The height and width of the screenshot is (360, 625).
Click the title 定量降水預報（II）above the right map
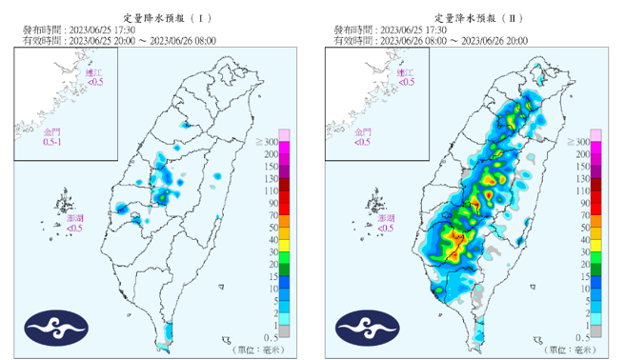pos(472,16)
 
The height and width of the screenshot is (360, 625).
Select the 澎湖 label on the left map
pos(76,224)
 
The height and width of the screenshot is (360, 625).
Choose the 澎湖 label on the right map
pos(385,224)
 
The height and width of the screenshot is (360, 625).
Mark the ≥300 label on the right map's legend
pos(580,141)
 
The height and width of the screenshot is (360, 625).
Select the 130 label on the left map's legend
pos(271,178)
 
